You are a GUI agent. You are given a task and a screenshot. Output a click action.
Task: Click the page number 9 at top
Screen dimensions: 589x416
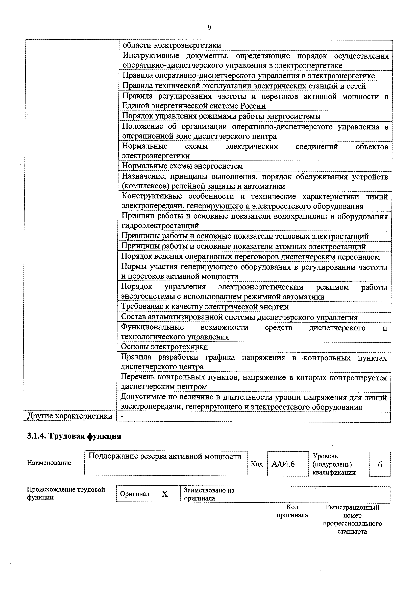209,27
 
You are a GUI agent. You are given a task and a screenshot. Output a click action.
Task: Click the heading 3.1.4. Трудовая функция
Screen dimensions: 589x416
74,436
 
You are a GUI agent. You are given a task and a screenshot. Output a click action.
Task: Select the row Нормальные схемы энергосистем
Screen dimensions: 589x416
182,166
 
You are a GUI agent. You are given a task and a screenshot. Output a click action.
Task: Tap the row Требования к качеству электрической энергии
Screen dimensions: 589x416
205,307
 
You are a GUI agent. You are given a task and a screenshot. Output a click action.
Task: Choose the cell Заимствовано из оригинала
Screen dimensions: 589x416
209,494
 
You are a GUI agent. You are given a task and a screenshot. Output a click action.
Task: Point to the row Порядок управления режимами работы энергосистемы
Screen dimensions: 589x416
221,116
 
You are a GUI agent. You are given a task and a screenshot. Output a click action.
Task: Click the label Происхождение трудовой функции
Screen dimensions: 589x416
66,493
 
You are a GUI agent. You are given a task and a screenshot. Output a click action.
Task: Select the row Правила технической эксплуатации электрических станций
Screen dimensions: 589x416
244,86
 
